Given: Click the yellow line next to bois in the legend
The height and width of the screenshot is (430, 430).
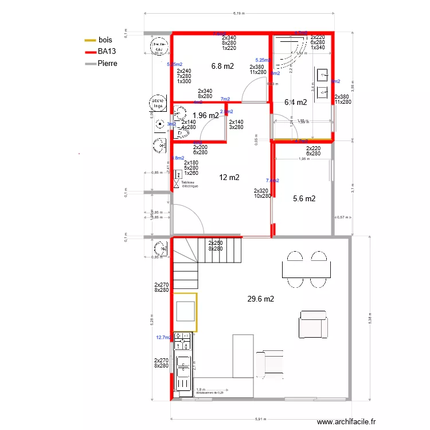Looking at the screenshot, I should tap(90, 40).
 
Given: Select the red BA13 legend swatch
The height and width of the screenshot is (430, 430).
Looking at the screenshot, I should tap(90, 52).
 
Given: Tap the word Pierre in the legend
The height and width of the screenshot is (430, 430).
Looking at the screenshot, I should tap(107, 63).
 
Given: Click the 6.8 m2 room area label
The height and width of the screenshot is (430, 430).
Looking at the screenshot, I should tap(222, 66).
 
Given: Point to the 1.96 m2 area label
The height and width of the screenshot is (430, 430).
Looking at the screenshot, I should tap(206, 115).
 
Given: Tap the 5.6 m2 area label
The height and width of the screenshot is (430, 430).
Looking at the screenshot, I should tap(304, 198).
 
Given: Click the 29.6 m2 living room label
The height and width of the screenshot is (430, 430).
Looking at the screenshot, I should tap(260, 299).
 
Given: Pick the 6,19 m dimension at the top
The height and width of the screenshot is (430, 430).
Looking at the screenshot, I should tap(239, 13).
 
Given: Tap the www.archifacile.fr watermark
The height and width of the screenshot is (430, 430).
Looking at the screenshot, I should tap(349, 421).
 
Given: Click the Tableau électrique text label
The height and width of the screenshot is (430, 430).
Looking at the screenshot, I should tap(191, 185).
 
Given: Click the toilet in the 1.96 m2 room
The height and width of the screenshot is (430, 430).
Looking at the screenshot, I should tap(182, 133).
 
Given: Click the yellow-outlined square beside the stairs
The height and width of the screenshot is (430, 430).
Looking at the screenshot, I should tap(185, 312).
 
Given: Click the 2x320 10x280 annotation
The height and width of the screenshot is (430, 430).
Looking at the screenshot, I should tap(262, 193).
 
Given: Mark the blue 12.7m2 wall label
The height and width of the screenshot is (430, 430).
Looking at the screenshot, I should tap(163, 338).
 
